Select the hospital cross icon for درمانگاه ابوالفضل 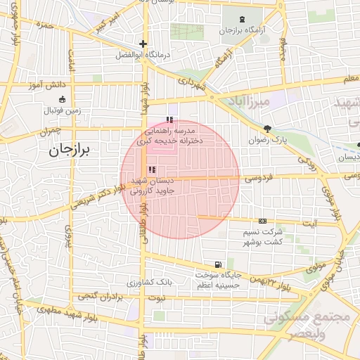pyautogui.click(x=143, y=43)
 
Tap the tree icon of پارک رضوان pyautogui.click(x=267, y=129)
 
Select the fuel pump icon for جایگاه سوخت pyautogui.click(x=219, y=264)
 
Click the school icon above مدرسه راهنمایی pyautogui.click(x=168, y=119)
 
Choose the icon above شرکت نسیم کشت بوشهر pyautogui.click(x=262, y=221)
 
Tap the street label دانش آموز pyautogui.click(x=46, y=85)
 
